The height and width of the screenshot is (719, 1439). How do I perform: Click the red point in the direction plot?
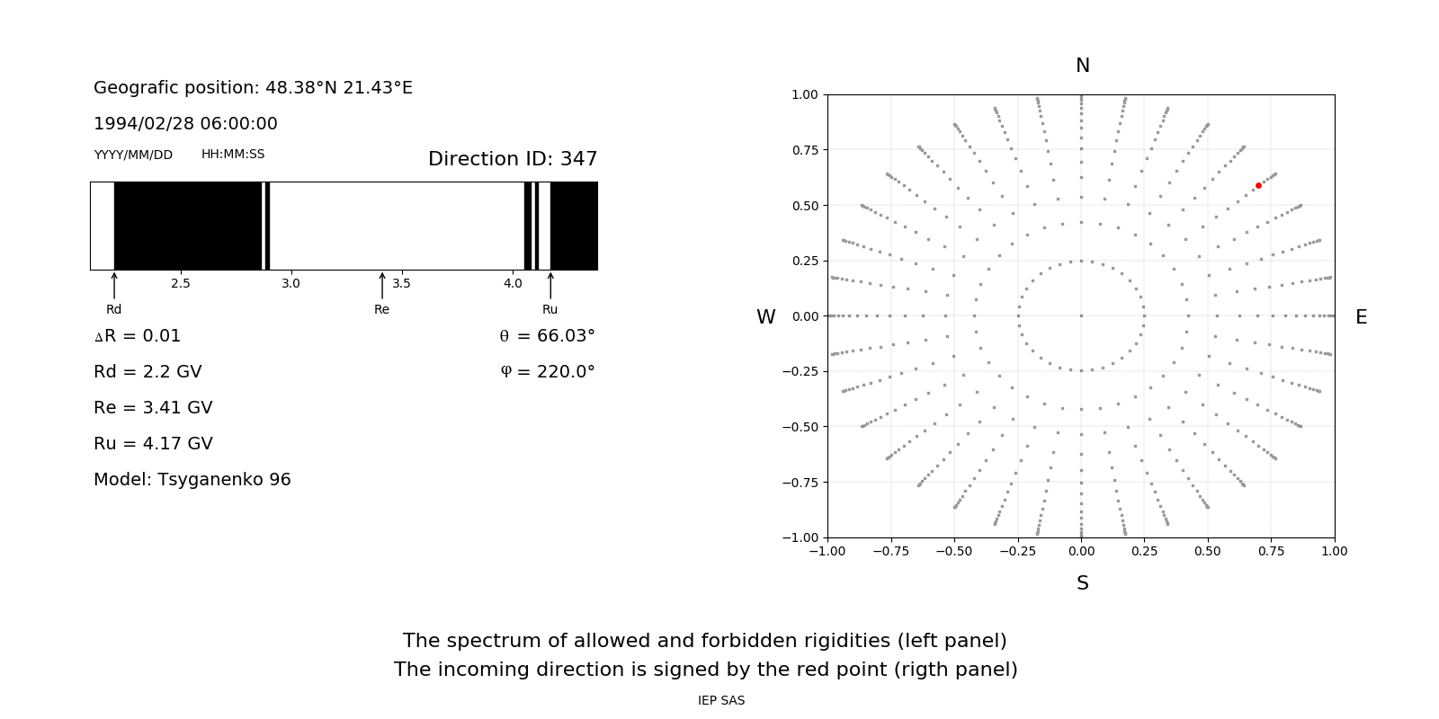[1258, 186]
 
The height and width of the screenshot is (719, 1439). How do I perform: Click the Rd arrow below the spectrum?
[114, 286]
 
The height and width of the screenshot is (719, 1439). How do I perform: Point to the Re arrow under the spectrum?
[382, 286]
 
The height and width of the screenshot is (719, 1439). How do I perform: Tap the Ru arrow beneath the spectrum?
[550, 286]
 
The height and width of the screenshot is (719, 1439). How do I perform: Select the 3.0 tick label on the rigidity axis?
[290, 284]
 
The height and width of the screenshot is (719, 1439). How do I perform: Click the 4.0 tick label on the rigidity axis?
[513, 284]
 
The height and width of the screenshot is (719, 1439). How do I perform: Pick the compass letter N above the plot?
[1083, 66]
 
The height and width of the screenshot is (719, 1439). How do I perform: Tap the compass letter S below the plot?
[1083, 583]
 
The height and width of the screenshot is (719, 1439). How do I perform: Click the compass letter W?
[766, 317]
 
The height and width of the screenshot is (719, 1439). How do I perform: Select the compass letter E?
[1362, 317]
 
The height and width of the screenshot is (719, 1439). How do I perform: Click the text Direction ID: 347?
[513, 159]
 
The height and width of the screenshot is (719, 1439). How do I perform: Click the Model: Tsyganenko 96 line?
[192, 480]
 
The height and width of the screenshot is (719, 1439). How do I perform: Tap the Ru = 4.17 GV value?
[153, 444]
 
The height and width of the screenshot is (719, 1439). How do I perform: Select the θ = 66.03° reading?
[547, 336]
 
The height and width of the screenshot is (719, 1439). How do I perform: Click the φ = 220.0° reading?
[547, 372]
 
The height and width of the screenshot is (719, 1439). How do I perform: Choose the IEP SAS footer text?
[721, 701]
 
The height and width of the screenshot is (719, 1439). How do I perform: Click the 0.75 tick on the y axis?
[805, 150]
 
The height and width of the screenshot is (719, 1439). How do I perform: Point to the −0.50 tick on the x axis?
[954, 551]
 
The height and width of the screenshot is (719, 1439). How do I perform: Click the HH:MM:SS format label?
[233, 155]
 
